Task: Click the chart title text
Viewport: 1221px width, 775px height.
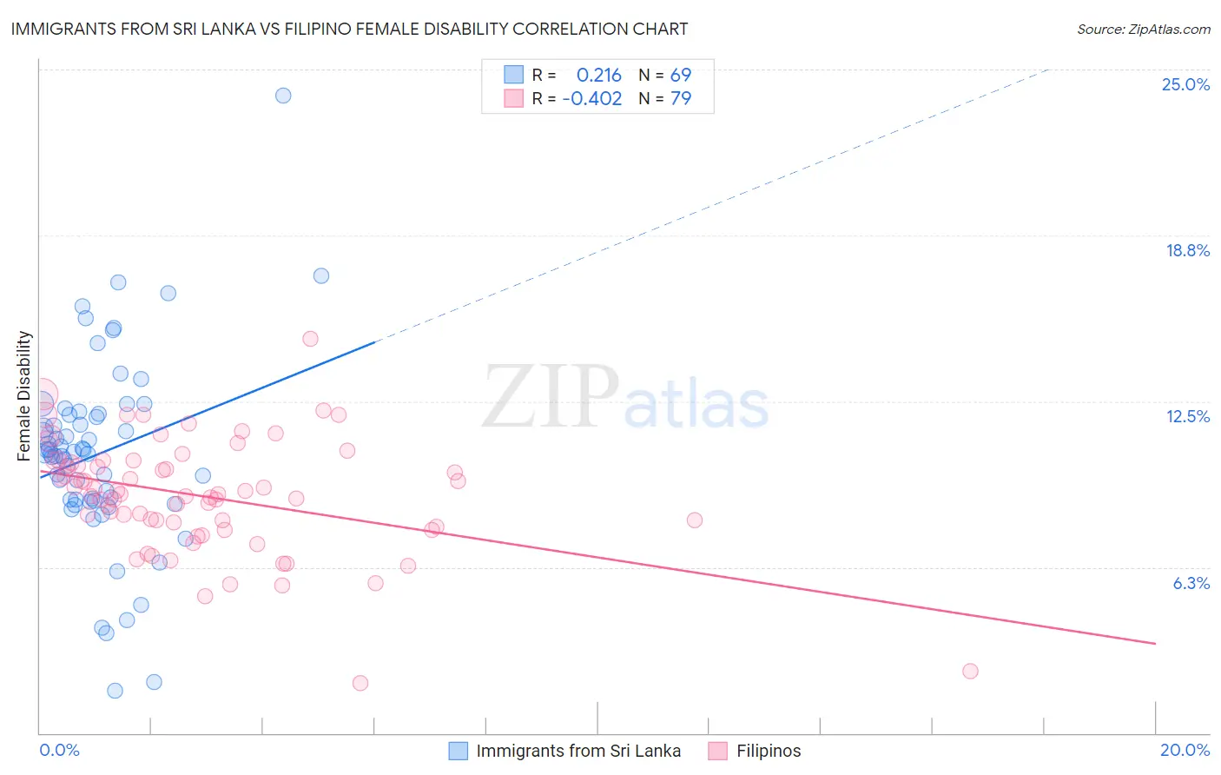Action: click(349, 30)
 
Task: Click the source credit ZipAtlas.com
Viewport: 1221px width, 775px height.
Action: click(1143, 30)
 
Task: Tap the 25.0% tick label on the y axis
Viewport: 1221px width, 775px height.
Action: click(1185, 84)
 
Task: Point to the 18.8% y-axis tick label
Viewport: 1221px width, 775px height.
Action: click(1187, 250)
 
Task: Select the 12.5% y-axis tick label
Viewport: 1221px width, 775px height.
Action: click(1187, 416)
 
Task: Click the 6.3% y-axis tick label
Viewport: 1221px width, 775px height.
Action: click(1191, 583)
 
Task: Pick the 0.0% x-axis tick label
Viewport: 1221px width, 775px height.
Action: click(59, 750)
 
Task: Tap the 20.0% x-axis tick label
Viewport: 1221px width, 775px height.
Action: click(1185, 750)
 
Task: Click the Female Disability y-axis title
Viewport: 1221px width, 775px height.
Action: click(24, 395)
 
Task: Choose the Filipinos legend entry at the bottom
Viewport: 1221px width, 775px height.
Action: click(769, 751)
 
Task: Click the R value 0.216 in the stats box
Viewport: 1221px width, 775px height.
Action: click(599, 75)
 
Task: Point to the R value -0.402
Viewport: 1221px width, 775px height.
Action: click(592, 99)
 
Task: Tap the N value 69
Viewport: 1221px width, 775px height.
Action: click(681, 75)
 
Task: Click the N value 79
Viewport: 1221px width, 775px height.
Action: click(681, 99)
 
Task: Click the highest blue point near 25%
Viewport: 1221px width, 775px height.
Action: click(283, 96)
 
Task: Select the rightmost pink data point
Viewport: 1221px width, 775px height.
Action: click(970, 671)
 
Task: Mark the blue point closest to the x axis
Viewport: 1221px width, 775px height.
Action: click(115, 691)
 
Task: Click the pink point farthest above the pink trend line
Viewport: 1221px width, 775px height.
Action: click(310, 339)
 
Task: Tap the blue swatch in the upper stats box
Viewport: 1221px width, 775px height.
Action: click(513, 75)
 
